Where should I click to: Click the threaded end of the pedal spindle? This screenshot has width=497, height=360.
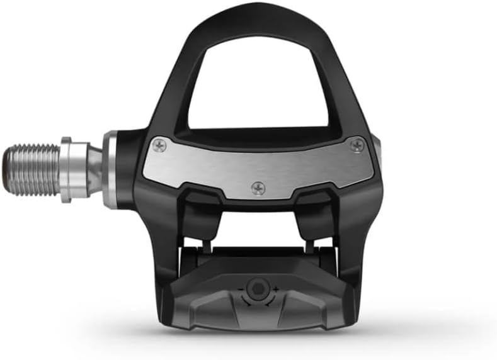coord(31,169)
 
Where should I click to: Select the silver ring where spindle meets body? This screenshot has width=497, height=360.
coord(110,169)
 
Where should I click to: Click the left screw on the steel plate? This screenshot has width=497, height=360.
coord(160,146)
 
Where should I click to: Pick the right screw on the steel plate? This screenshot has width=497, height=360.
coord(357,145)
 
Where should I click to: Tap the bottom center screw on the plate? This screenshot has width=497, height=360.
coord(258,187)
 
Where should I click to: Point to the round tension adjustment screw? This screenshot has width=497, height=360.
coord(255,290)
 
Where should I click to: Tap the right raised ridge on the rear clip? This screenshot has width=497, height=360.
coord(309,302)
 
